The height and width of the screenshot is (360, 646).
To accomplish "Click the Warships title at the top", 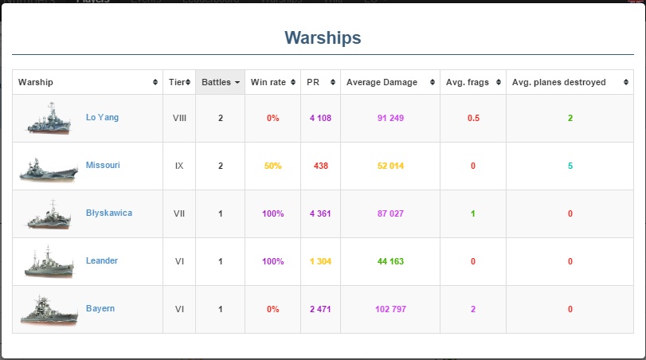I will [323, 37].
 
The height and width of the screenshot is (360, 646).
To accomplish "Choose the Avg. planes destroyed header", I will [558, 82].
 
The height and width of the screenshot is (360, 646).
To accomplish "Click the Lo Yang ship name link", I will [102, 118].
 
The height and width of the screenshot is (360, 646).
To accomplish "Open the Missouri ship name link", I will [103, 166].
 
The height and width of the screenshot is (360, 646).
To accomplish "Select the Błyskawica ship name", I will [109, 213].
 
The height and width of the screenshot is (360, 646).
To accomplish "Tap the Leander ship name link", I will [102, 261].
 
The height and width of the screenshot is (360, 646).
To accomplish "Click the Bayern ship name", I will [100, 309].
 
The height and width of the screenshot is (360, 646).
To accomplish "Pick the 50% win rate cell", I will [273, 166].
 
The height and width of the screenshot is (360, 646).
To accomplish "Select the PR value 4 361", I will [320, 214].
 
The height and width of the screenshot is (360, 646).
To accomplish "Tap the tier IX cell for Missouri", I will [179, 166].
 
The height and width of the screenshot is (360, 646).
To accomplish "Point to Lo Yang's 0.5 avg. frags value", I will [473, 119].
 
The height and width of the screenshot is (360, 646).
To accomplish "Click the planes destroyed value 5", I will [570, 166].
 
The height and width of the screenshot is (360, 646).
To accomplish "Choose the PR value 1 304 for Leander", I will [320, 262].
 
